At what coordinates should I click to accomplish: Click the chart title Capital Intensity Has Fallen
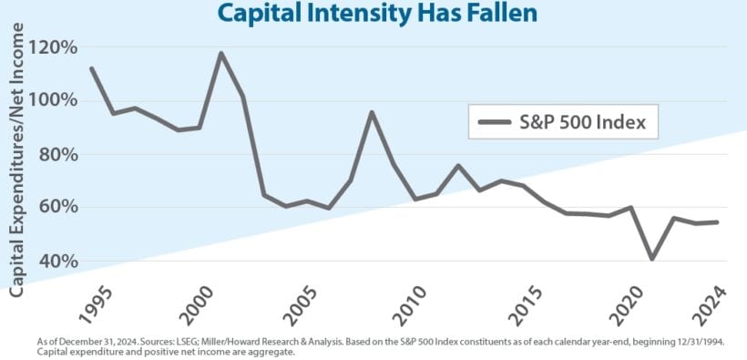tap(373, 14)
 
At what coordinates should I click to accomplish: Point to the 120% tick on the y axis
tap(54, 47)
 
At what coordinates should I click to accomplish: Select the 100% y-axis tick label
tap(54, 100)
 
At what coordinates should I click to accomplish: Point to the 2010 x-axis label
tap(412, 306)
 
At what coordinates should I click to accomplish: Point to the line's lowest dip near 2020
tap(651, 259)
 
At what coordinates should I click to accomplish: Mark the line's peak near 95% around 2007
tap(372, 112)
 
